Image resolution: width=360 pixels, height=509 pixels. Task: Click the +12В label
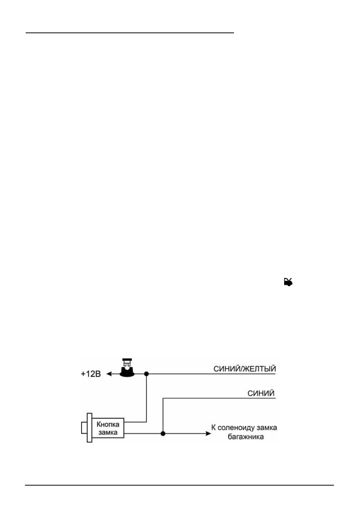pyautogui.click(x=91, y=374)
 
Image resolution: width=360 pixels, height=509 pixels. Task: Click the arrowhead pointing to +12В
pyautogui.click(x=109, y=374)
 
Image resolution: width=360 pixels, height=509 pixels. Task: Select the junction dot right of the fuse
pyautogui.click(x=146, y=374)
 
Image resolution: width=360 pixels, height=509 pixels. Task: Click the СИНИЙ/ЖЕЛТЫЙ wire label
pyautogui.click(x=245, y=369)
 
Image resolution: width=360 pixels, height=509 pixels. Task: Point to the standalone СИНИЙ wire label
pyautogui.click(x=261, y=393)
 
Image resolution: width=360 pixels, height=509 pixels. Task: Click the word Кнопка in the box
pyautogui.click(x=108, y=424)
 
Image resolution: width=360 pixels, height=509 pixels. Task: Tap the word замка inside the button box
pyautogui.click(x=108, y=432)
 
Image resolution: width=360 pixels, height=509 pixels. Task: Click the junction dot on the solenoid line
pyautogui.click(x=163, y=433)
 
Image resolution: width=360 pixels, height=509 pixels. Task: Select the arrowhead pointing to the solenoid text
pyautogui.click(x=208, y=433)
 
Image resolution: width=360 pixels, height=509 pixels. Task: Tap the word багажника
pyautogui.click(x=246, y=437)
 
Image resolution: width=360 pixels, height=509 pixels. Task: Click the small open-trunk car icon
pyautogui.click(x=288, y=282)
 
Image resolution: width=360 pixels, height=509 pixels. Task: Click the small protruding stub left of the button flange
pyautogui.click(x=84, y=428)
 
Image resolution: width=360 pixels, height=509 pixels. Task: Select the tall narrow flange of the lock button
pyautogui.click(x=89, y=428)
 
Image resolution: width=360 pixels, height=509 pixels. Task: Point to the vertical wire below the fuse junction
pyautogui.click(x=146, y=398)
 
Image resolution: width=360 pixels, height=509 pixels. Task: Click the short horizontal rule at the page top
pyautogui.click(x=130, y=33)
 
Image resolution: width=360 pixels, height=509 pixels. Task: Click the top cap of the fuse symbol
pyautogui.click(x=127, y=360)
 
